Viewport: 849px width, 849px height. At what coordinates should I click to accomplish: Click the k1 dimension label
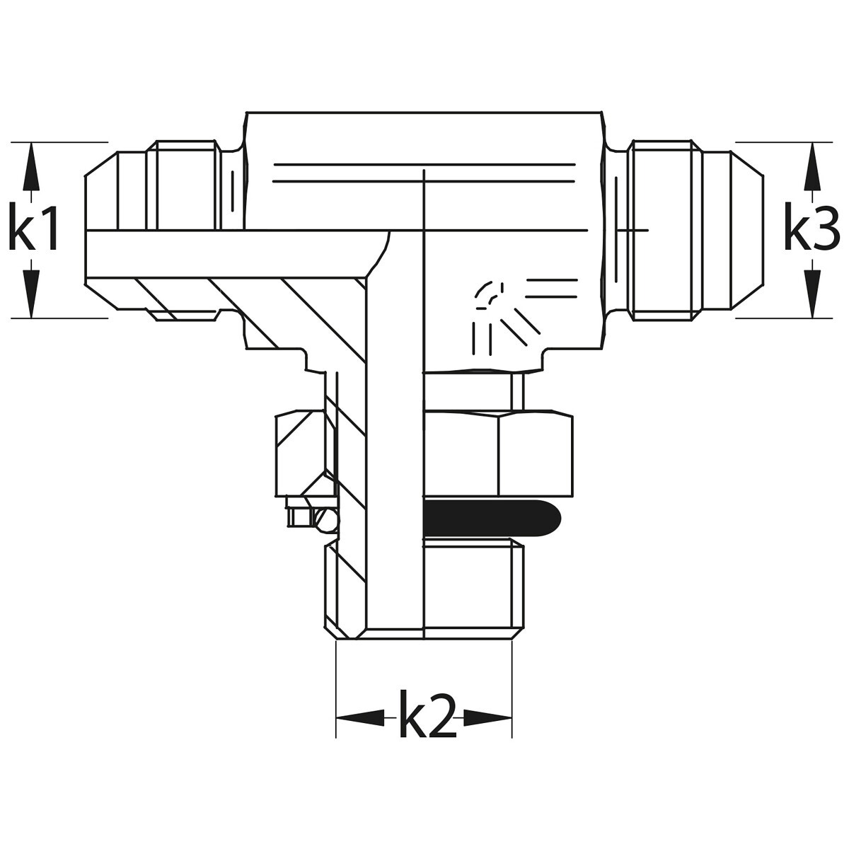click(x=33, y=226)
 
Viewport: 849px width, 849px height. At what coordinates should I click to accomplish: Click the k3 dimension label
click(x=812, y=226)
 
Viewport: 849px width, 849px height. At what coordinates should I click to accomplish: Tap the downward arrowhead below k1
click(x=31, y=294)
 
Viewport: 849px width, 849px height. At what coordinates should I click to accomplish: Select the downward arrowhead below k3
click(x=812, y=294)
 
